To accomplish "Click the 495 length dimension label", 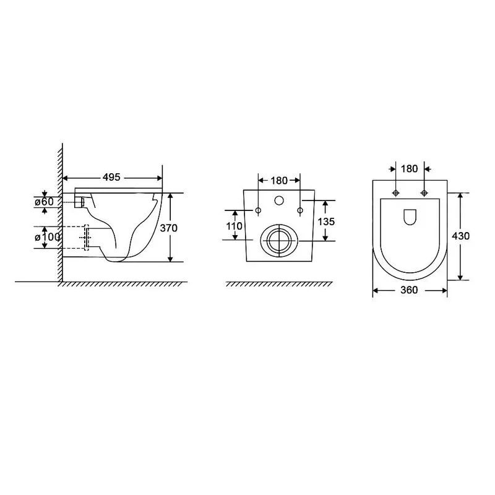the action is (x=111, y=177).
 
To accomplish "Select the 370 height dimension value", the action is (x=168, y=228).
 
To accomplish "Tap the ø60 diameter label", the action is (x=44, y=201).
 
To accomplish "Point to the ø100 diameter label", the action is (x=48, y=237).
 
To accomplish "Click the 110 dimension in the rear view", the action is (x=235, y=226).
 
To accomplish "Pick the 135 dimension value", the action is (x=326, y=222).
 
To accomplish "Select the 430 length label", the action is (x=460, y=236).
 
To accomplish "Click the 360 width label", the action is (x=409, y=290).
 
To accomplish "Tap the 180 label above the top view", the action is (x=410, y=169).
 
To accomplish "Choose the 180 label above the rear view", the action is (x=279, y=181).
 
